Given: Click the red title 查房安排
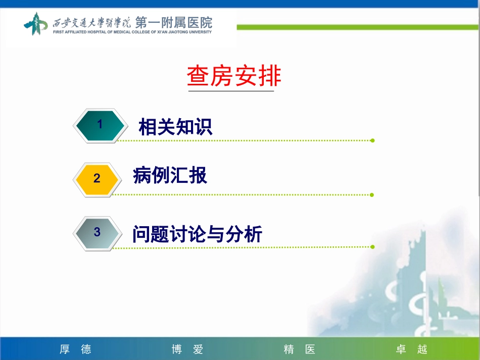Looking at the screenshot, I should coord(234,77).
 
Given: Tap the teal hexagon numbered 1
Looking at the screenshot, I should coord(100,125).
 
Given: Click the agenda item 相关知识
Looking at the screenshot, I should coord(175,127).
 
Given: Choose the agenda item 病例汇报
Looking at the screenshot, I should coord(170,176).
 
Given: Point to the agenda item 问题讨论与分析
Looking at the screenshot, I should coord(197,234).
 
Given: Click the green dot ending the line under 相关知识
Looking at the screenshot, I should coord(372,140).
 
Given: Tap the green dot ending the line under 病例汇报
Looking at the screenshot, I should coord(372,194).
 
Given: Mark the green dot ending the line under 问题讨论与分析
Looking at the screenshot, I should coord(372,247).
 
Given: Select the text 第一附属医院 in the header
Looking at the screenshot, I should coord(173,22).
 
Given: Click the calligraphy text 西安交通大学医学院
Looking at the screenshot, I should coord(91,23).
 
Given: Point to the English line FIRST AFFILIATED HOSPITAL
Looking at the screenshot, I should coord(132,32).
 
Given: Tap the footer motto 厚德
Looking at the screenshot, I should coord(75,349).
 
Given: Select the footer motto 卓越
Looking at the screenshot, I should coord(411,349).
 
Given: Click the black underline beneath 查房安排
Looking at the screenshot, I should coord(231,91).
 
